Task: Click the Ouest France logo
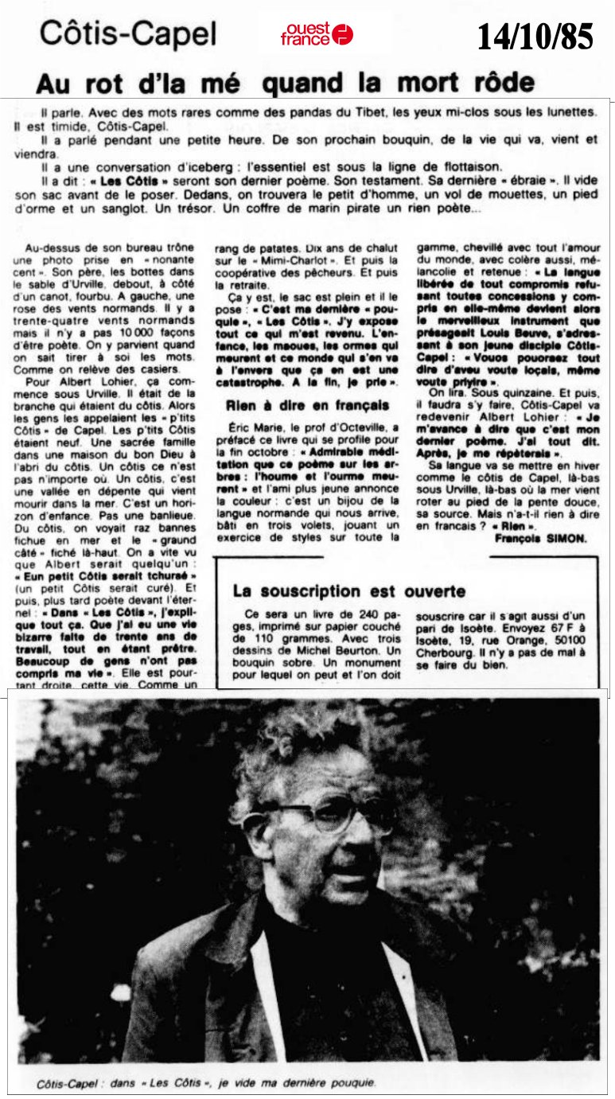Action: tap(317, 33)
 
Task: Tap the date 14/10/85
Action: tap(535, 37)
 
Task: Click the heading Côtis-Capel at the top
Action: tap(128, 33)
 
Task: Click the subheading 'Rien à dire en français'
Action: tap(308, 405)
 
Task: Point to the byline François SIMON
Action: tap(540, 538)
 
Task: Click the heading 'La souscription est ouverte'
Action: tap(349, 591)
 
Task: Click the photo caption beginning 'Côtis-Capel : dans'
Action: tap(206, 1083)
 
